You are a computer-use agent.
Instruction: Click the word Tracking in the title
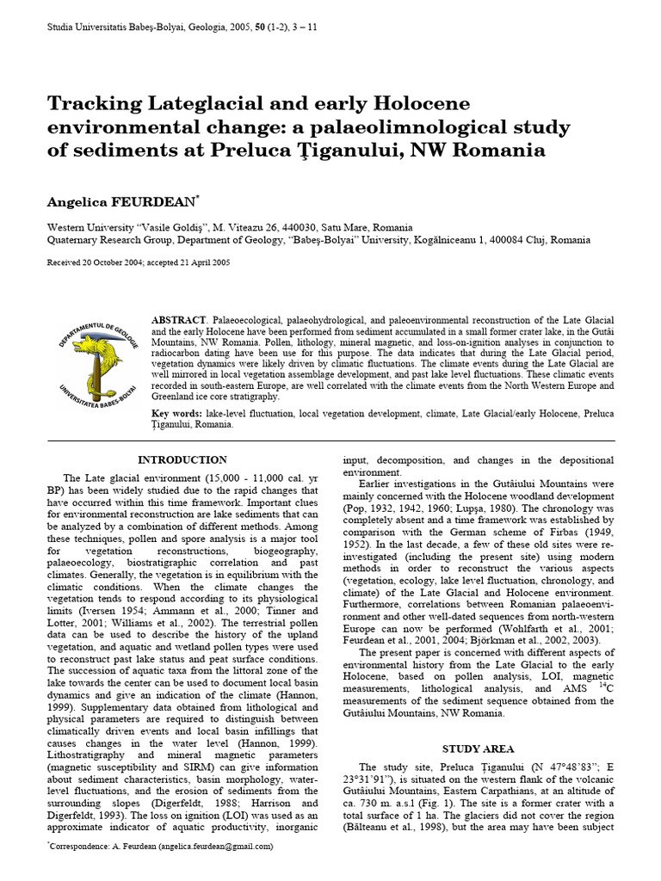(96, 104)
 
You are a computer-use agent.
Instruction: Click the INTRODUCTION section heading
(182, 459)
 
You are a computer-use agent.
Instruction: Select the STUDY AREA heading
(479, 749)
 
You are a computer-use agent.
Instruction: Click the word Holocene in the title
(423, 104)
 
